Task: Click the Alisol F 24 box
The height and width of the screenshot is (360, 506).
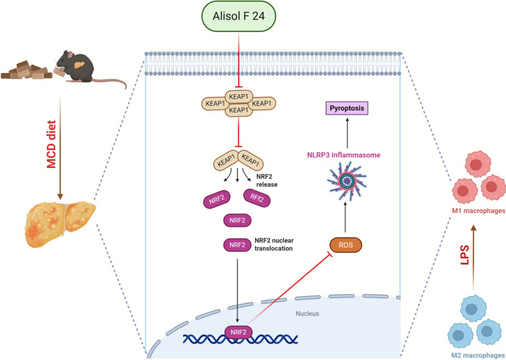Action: point(239,16)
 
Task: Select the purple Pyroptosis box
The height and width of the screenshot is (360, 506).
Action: point(347,108)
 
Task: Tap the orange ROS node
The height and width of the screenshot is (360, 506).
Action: point(346,245)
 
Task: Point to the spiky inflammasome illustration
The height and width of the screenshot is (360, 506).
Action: point(347,180)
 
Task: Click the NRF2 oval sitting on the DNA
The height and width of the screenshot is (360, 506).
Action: point(237,333)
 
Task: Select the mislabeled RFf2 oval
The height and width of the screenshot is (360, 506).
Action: point(257,198)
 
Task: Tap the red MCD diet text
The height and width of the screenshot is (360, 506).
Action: point(51,144)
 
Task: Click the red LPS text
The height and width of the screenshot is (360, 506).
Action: point(464,255)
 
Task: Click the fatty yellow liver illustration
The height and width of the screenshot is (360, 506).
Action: point(59,223)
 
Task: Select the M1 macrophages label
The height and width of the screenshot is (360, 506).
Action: point(479,211)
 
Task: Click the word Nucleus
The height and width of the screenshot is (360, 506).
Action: point(307,313)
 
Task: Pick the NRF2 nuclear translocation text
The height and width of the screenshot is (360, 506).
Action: point(274,244)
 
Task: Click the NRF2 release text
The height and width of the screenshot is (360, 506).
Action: point(267,180)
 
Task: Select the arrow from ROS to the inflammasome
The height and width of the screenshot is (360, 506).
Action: point(345,217)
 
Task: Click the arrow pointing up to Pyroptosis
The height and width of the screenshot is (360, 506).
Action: point(347,133)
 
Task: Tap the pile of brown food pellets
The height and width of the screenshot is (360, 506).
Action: point(26,70)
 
